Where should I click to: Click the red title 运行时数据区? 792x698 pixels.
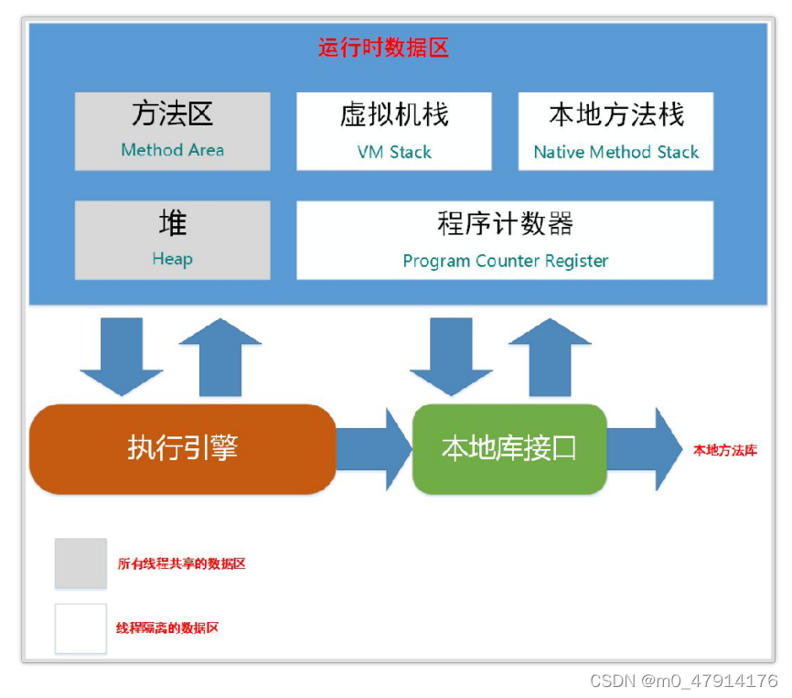[x=383, y=48]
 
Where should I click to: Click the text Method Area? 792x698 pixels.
[x=172, y=150]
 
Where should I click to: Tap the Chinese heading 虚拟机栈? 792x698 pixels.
[x=394, y=114]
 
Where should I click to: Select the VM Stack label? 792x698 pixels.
[x=394, y=152]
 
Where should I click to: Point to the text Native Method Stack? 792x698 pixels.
[x=616, y=152]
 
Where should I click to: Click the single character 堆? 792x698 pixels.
[x=173, y=223]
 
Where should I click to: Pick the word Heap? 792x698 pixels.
[x=172, y=259]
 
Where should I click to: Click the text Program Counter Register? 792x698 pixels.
[x=505, y=261]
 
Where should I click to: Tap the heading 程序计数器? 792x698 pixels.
[x=505, y=223]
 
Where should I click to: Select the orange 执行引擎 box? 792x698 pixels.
[x=182, y=449]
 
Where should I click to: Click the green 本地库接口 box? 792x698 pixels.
[x=509, y=449]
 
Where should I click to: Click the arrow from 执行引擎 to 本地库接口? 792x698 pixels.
[x=374, y=449]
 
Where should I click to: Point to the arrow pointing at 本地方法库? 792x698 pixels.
[x=645, y=449]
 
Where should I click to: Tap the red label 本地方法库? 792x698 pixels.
[x=725, y=450]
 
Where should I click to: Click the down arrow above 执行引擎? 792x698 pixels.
[x=122, y=357]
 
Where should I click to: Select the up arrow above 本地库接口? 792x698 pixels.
[x=550, y=357]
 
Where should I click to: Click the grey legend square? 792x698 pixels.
[x=80, y=564]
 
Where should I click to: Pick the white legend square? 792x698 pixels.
[x=80, y=628]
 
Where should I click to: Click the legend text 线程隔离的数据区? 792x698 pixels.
[x=167, y=628]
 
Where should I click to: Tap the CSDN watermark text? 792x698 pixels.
[x=684, y=681]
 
